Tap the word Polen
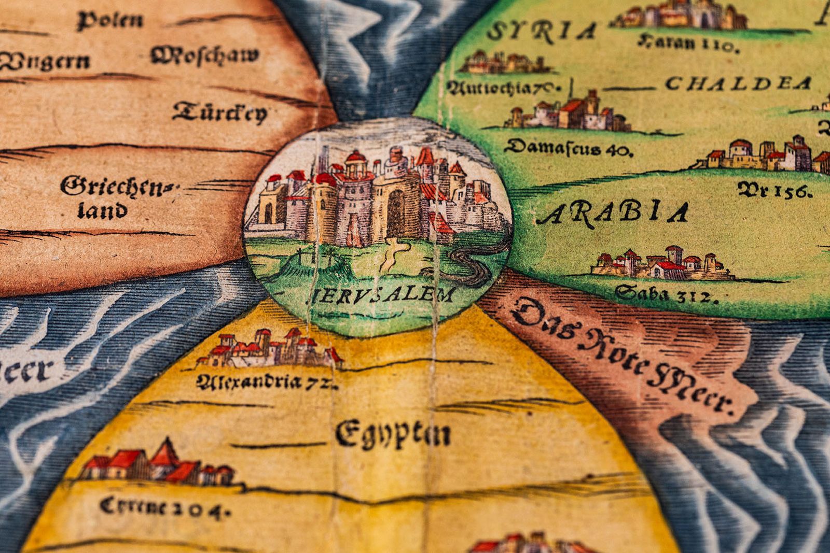[x=110, y=21]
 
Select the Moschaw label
[x=205, y=55]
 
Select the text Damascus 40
[x=569, y=148]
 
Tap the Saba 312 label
[x=667, y=294]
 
